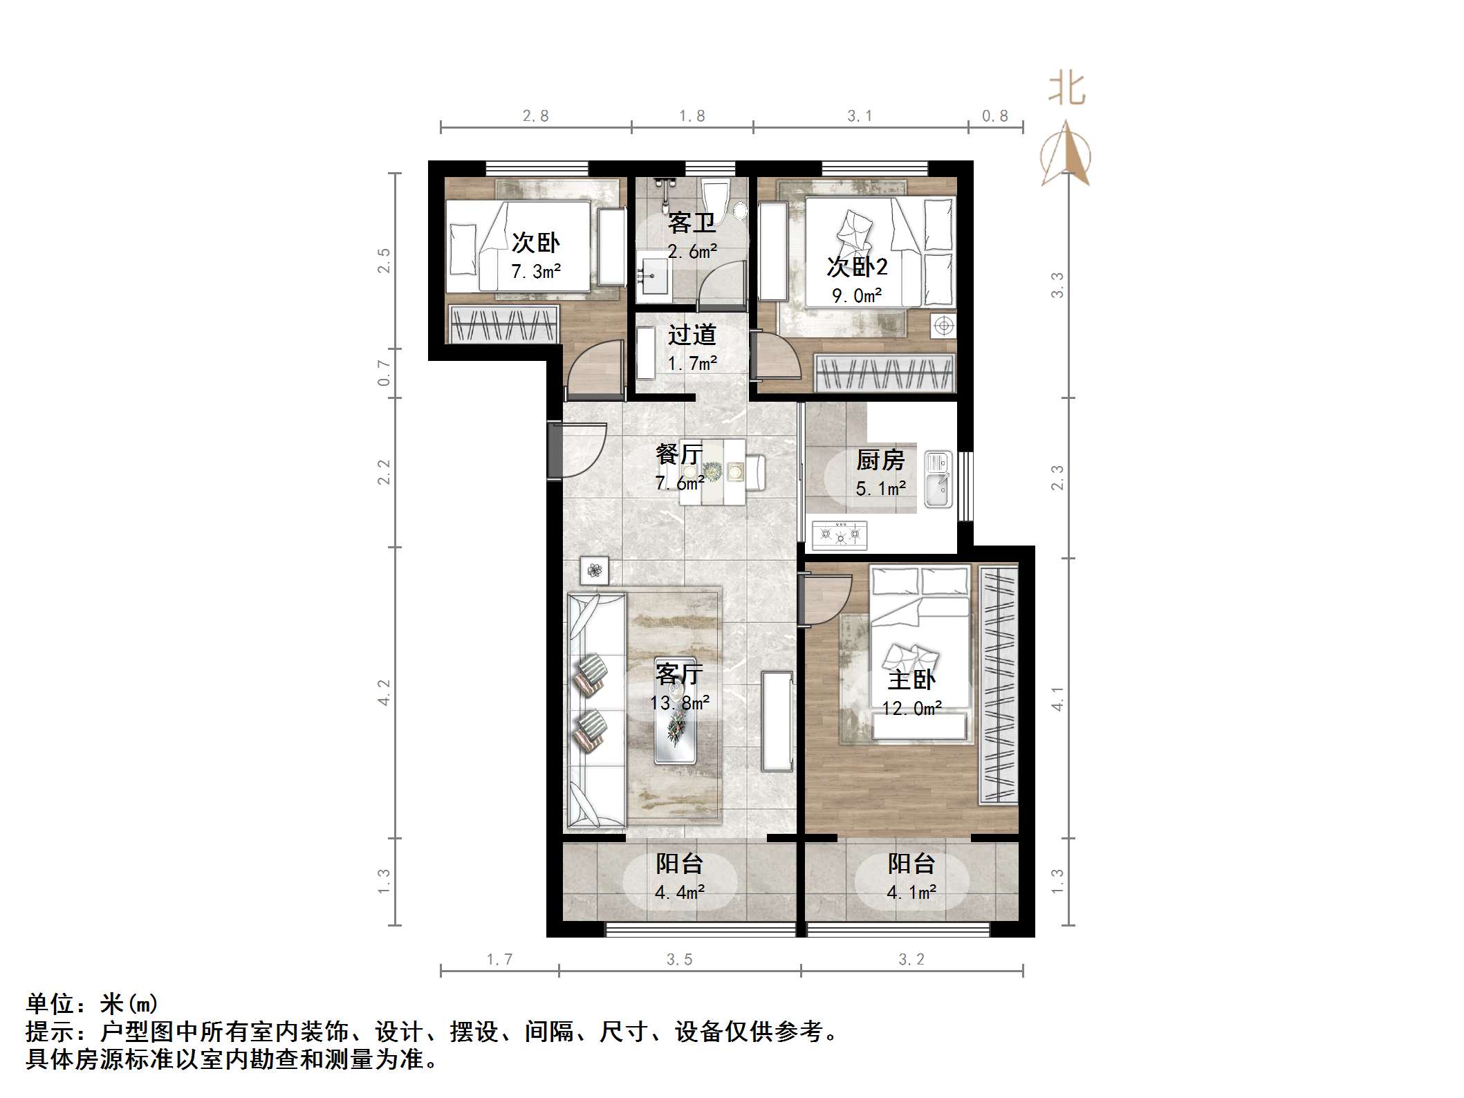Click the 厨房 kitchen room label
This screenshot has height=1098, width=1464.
tap(880, 460)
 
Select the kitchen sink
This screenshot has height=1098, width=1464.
tap(938, 480)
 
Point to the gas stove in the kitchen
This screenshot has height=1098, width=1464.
tap(840, 534)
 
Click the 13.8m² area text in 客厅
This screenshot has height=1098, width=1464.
tap(679, 703)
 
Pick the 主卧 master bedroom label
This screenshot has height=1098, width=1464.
tap(911, 680)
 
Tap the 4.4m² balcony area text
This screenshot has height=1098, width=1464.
tap(679, 893)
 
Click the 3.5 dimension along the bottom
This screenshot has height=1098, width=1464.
tap(679, 959)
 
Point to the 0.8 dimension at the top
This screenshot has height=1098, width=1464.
tap(995, 116)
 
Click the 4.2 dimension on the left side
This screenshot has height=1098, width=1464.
tap(384, 692)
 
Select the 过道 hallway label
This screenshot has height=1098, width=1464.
tap(692, 335)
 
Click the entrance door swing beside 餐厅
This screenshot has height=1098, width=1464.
tap(580, 449)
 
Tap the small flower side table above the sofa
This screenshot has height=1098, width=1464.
tap(595, 570)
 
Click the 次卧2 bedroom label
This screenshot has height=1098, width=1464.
tap(857, 266)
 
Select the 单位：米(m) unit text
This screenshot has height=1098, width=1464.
tap(92, 1004)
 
